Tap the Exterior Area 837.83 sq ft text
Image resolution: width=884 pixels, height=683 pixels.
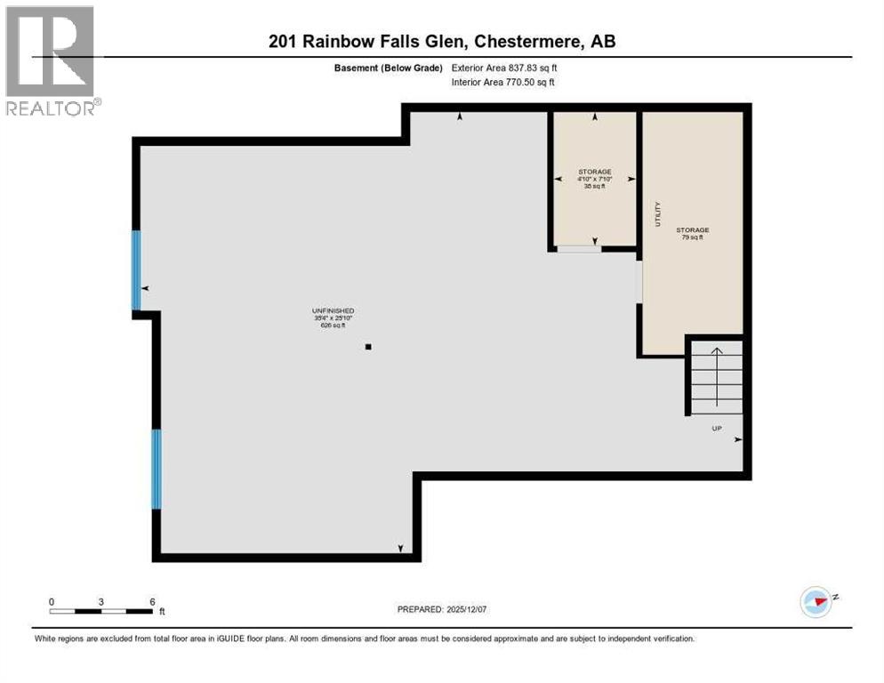[x=504, y=68]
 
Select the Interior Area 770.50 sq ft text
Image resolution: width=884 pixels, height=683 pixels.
[x=503, y=83]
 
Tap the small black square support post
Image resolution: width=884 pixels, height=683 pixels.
[x=368, y=347]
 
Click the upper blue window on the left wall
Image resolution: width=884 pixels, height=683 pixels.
[x=136, y=269]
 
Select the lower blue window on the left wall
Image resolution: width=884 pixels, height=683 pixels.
[x=157, y=469]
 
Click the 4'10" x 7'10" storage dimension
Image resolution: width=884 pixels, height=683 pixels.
[x=595, y=179]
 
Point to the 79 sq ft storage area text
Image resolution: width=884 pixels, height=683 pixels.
[x=692, y=237]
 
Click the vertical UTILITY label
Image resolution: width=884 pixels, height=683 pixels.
[x=658, y=215]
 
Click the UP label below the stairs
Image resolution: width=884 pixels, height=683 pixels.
[x=716, y=429]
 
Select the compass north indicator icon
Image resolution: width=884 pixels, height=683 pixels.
[x=815, y=602]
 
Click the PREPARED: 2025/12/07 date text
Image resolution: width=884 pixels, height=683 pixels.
[x=443, y=609]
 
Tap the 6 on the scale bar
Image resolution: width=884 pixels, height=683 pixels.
[x=152, y=601]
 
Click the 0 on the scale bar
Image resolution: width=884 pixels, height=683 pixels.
[x=52, y=601]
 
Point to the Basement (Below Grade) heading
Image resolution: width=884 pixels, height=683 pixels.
[x=389, y=68]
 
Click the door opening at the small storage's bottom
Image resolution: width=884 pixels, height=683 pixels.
[x=579, y=249]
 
